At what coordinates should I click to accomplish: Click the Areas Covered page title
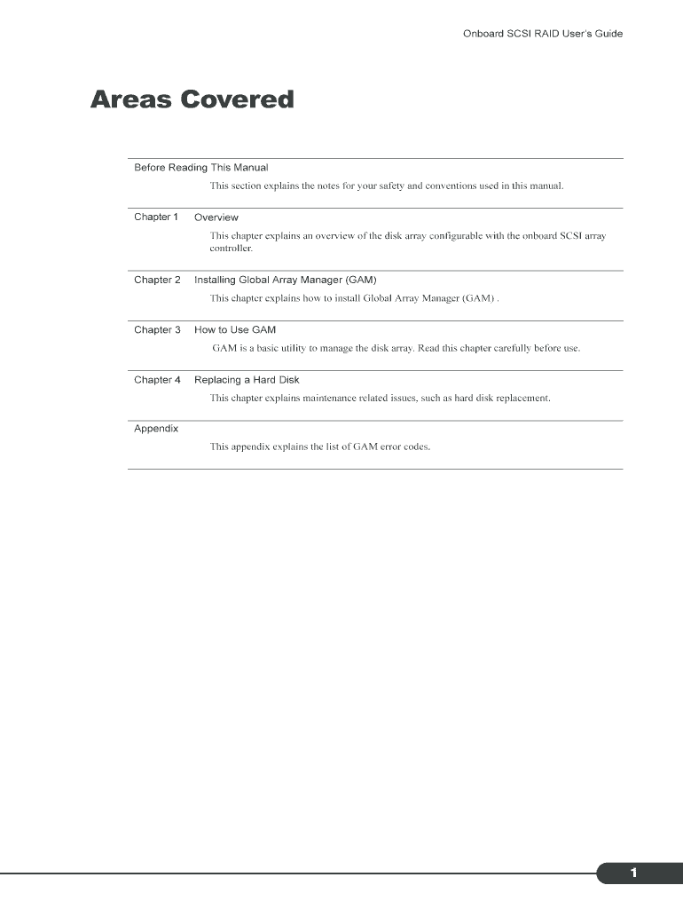point(192,99)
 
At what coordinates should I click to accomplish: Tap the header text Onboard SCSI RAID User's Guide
point(543,34)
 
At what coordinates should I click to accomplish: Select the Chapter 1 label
point(156,217)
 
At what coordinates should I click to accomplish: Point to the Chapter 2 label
point(157,280)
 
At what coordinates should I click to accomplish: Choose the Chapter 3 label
point(157,329)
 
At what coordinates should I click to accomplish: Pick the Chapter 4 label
point(157,380)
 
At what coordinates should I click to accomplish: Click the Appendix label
point(156,429)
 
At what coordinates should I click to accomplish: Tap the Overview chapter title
point(216,217)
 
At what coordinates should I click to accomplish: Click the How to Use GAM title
point(235,330)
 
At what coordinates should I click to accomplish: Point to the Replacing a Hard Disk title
point(247,380)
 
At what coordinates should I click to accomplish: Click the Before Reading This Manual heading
point(200,167)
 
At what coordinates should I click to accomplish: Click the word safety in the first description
point(389,186)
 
